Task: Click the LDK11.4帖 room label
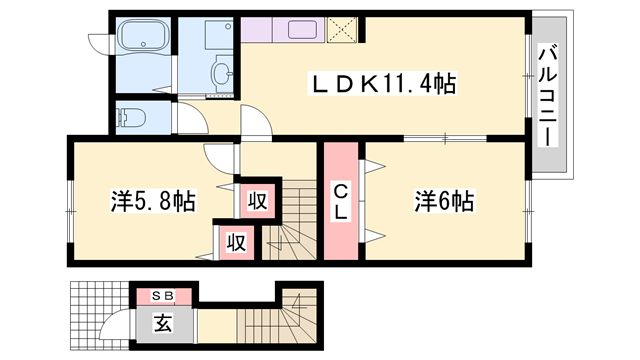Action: pyautogui.click(x=382, y=84)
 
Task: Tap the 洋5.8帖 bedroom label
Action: pyautogui.click(x=153, y=201)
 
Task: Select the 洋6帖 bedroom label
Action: pyautogui.click(x=444, y=201)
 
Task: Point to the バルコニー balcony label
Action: pyautogui.click(x=548, y=96)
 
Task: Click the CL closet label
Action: pyautogui.click(x=340, y=202)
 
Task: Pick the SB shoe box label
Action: pyautogui.click(x=163, y=296)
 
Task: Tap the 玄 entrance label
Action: pyautogui.click(x=162, y=323)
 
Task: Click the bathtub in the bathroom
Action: pyautogui.click(x=143, y=36)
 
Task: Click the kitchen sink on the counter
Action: pyautogui.click(x=302, y=30)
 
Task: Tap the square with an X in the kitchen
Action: pyautogui.click(x=342, y=30)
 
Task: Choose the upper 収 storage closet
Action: pyautogui.click(x=258, y=201)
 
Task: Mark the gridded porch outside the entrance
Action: pyautogui.click(x=100, y=315)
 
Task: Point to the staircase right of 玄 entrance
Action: pyautogui.click(x=278, y=316)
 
